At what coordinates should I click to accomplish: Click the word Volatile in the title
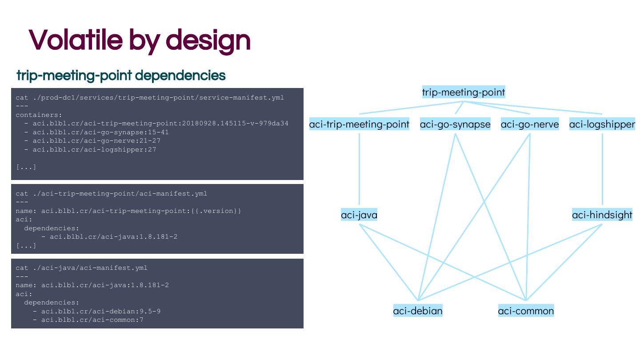point(76,40)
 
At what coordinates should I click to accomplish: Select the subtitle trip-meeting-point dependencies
point(121,76)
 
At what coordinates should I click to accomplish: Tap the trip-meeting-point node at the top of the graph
point(464,92)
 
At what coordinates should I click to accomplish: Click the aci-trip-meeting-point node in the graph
point(359,124)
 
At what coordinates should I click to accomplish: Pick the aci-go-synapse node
point(455,124)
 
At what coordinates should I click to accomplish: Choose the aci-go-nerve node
point(530,124)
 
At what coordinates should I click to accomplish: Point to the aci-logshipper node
point(602,124)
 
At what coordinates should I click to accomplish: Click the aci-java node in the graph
point(359,215)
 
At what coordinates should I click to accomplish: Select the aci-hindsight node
point(602,215)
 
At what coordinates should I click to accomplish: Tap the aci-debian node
point(418,311)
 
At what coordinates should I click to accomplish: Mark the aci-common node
point(526,311)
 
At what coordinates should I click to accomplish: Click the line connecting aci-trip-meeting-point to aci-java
point(359,169)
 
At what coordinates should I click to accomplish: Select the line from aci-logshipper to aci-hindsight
point(602,169)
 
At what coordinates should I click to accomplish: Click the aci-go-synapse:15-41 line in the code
point(96,132)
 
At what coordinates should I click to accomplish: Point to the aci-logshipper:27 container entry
point(90,149)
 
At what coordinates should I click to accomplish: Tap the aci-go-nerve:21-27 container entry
point(92,141)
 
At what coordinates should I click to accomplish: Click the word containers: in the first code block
point(39,115)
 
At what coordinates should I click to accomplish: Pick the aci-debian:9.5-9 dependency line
point(96,311)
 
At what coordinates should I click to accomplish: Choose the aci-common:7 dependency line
point(88,320)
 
